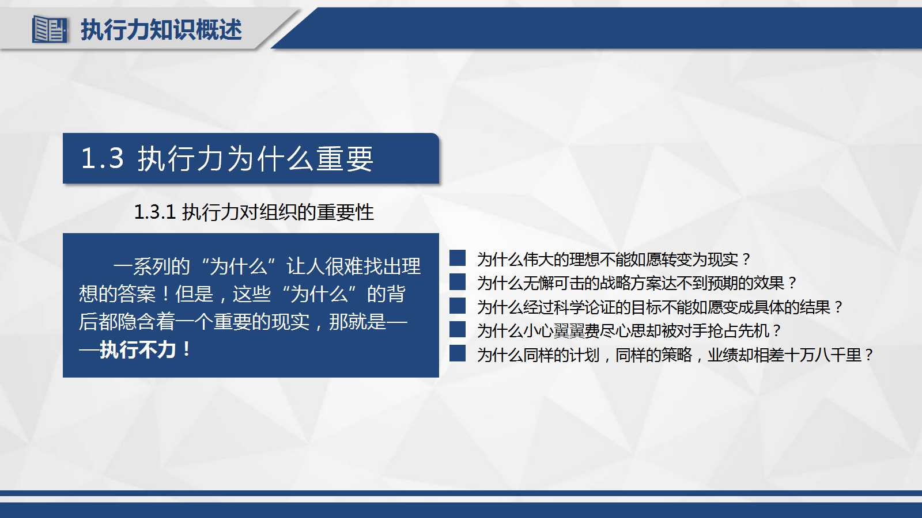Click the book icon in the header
(x=49, y=29)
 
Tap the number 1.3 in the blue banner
(x=102, y=158)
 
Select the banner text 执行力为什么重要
(x=255, y=159)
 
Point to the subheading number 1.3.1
(x=154, y=212)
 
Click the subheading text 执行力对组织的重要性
(x=278, y=212)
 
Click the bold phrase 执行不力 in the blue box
(x=138, y=349)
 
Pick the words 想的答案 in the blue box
(x=117, y=294)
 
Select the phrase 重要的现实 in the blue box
(x=262, y=322)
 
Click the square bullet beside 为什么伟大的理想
(x=458, y=258)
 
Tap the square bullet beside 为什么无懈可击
(x=458, y=282)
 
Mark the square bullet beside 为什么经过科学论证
(x=458, y=306)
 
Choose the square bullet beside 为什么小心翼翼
(x=458, y=329)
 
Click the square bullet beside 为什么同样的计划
(x=458, y=353)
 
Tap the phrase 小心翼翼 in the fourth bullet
(x=553, y=331)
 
